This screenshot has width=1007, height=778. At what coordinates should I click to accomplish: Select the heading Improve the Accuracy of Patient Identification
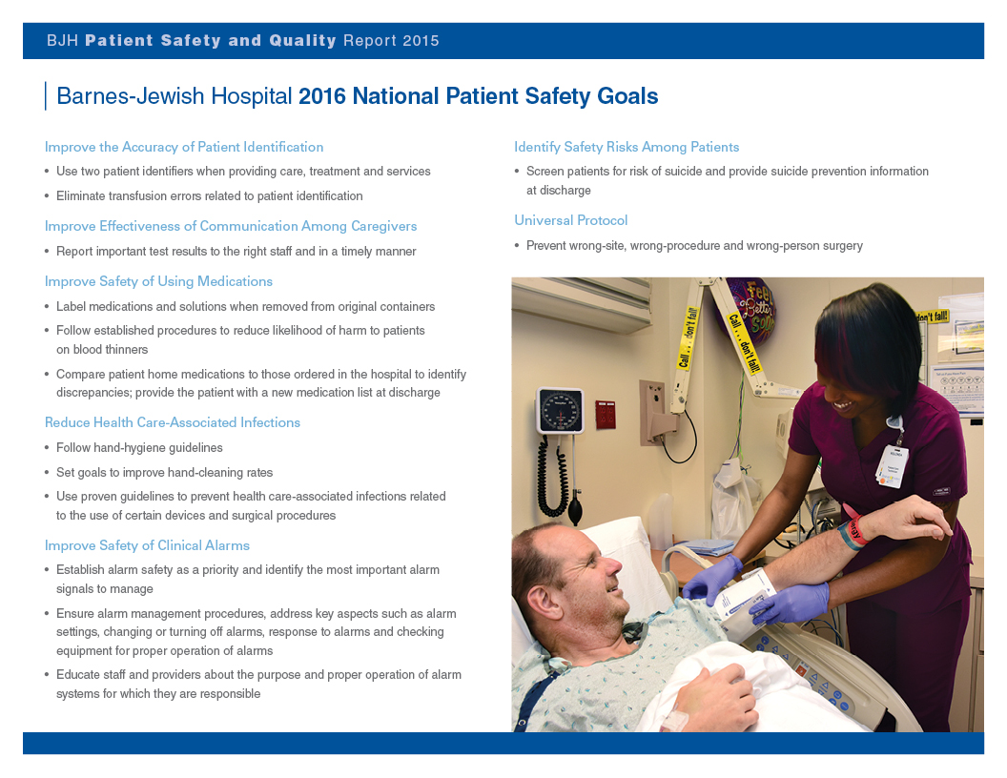[x=184, y=147]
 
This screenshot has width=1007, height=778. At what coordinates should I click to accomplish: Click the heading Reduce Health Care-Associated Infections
[x=173, y=422]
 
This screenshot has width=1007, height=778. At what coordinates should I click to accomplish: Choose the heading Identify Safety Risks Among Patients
[x=627, y=147]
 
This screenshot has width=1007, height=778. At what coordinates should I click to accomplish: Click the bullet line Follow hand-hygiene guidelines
[x=139, y=447]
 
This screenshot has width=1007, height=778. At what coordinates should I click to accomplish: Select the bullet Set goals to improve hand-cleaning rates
[x=164, y=472]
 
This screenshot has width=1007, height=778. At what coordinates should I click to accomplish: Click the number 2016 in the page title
[x=322, y=96]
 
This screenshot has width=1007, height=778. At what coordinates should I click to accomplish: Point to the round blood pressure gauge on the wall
[x=560, y=411]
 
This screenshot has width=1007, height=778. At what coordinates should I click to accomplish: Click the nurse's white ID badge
[x=891, y=465]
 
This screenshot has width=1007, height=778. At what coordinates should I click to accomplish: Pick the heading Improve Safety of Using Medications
[x=158, y=281]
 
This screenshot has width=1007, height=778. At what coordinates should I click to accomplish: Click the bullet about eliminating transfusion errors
[x=209, y=195]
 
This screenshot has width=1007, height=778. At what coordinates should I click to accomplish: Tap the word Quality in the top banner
[x=302, y=41]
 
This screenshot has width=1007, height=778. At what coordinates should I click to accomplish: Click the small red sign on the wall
[x=606, y=414]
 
